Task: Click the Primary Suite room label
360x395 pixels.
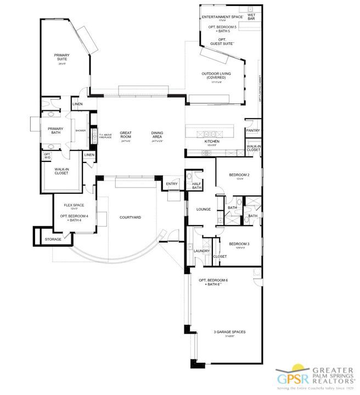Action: [61, 58]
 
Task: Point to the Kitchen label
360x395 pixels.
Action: [212, 142]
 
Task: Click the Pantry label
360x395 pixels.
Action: [253, 131]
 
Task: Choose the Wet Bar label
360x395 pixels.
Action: [251, 17]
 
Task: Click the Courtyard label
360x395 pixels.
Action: [130, 217]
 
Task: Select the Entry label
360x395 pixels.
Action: [172, 184]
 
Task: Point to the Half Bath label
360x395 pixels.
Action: [196, 186]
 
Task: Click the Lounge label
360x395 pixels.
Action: [196, 209]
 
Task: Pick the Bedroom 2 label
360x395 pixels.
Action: [239, 175]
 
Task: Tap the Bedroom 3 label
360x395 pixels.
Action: [239, 244]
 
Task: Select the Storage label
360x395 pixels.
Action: [53, 239]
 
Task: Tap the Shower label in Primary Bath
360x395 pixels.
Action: [81, 131]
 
